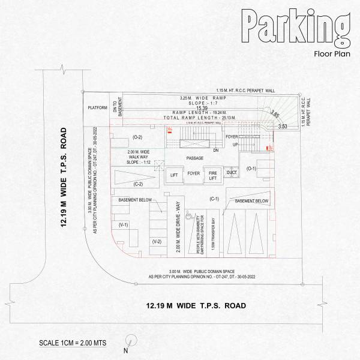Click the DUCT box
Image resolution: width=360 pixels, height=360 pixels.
[x=232, y=172]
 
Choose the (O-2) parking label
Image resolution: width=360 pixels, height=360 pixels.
[x=137, y=137]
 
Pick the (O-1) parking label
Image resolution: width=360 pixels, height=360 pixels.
[x=251, y=168]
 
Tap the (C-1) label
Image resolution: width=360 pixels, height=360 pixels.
[x=215, y=199]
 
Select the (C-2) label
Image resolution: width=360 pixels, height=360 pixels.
[x=138, y=184]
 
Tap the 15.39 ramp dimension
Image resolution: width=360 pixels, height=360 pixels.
[x=193, y=108]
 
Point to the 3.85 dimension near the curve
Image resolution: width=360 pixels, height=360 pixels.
[x=275, y=113]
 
